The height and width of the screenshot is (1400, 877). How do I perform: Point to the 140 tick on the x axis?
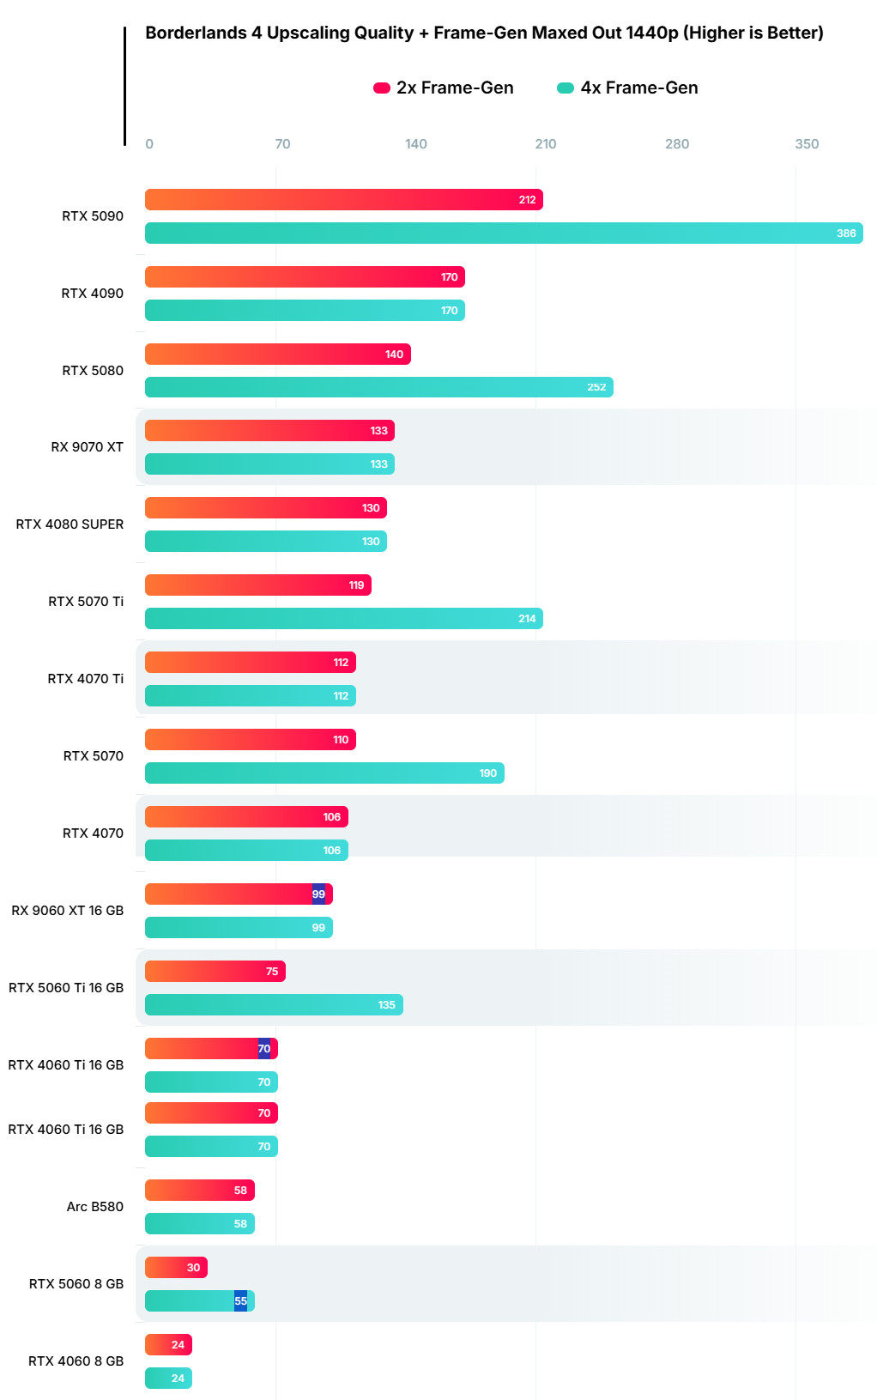coord(416,144)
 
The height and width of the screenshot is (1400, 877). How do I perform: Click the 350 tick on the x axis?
coord(807,144)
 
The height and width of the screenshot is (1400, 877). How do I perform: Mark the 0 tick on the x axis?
coord(149,144)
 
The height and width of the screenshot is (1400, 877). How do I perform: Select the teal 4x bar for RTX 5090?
coord(504,233)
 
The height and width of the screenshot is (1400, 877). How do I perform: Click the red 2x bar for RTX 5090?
coord(343,200)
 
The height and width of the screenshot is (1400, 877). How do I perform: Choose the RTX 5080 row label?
coord(93,371)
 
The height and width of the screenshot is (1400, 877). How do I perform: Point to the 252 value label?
coord(596,388)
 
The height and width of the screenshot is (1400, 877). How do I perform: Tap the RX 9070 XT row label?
coord(87,447)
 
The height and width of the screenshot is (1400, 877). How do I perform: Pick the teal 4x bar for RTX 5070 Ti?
coord(343,619)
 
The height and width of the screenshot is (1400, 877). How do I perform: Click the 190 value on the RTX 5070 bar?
coord(487,773)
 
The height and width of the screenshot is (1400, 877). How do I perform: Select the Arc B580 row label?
coord(94,1207)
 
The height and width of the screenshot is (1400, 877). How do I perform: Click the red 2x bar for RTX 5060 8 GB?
coord(176,1268)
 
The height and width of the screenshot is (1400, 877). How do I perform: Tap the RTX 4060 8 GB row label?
coord(76,1361)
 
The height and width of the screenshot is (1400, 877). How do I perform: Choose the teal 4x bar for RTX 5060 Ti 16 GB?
coord(274,1005)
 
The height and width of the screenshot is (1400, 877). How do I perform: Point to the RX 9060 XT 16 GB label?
coord(67,911)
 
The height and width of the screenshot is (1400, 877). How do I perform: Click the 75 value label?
coord(272,972)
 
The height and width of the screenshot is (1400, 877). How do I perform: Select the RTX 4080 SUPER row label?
coord(70,524)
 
